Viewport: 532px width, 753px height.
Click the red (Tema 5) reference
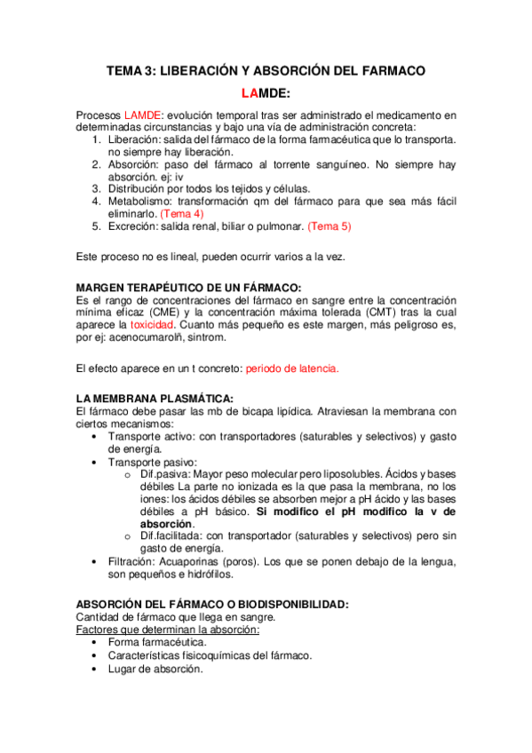(x=330, y=226)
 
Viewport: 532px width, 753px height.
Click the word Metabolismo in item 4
(x=142, y=202)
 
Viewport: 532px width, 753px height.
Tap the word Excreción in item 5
(x=136, y=226)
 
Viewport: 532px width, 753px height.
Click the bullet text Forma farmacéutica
(x=157, y=642)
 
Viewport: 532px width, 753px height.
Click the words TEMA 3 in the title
(x=130, y=70)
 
